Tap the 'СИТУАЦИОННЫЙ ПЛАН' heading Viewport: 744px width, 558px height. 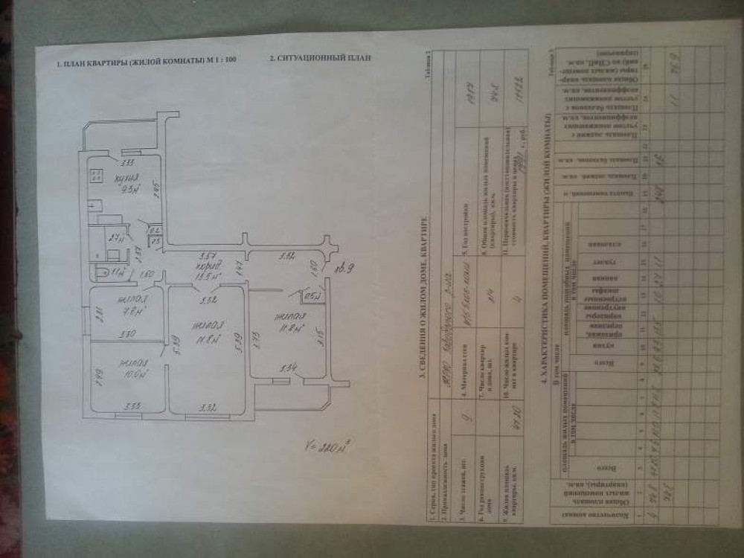(319, 57)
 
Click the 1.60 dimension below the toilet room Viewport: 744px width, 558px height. (147, 275)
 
